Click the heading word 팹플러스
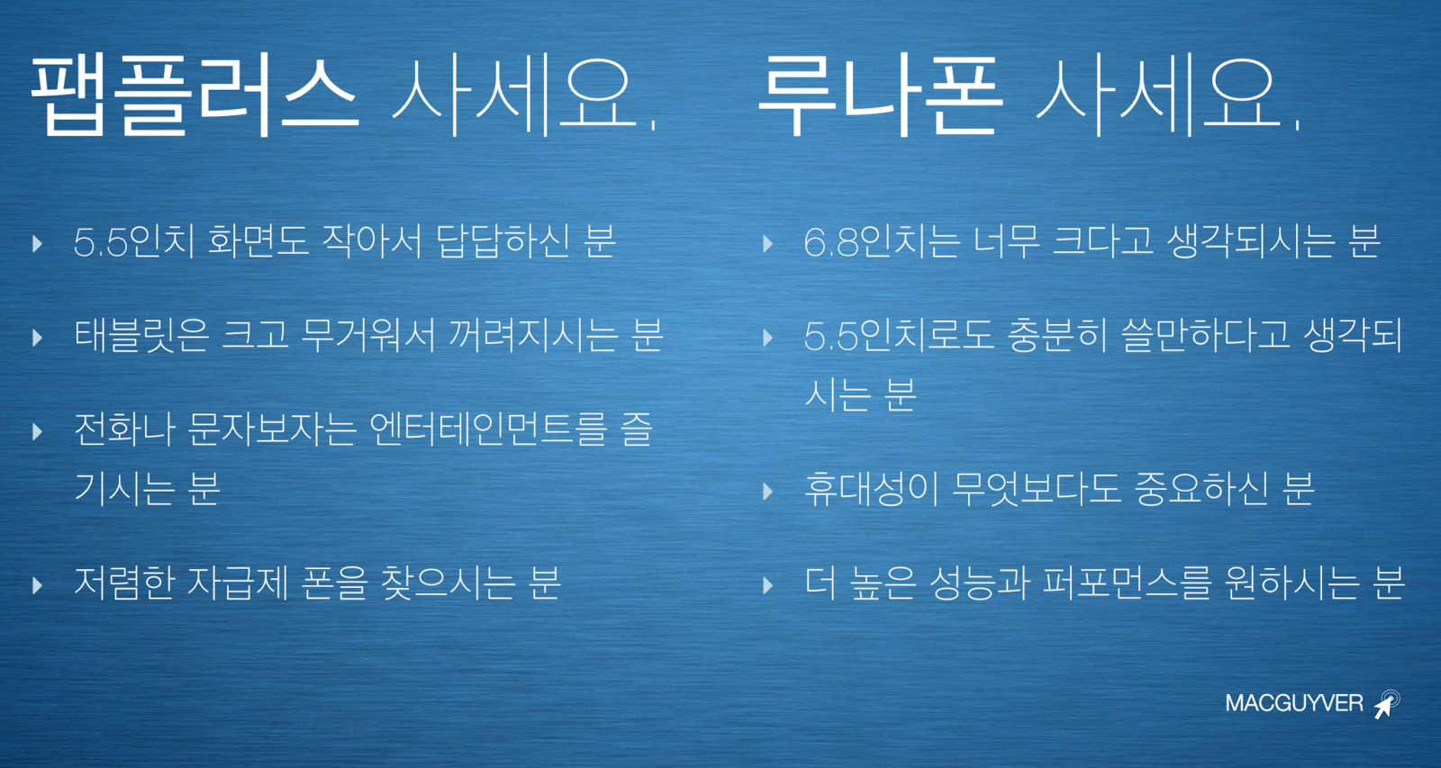click(x=195, y=95)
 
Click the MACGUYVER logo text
click(x=1293, y=703)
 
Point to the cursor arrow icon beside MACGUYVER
click(x=1387, y=704)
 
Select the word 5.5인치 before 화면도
click(x=134, y=242)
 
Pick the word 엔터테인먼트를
click(x=489, y=429)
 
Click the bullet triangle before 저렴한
click(x=37, y=585)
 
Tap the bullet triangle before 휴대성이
click(x=767, y=492)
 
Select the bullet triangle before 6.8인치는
click(x=767, y=244)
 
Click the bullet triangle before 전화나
click(x=37, y=431)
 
